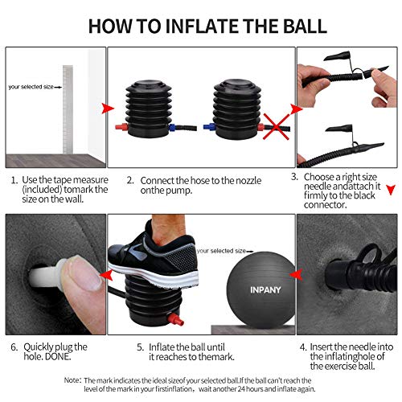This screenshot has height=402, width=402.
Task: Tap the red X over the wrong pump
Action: [277, 126]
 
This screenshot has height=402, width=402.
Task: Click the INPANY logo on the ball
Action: [265, 289]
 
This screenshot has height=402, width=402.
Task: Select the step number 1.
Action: [14, 180]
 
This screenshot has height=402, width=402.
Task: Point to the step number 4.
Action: [303, 347]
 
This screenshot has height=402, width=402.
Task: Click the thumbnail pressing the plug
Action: [84, 273]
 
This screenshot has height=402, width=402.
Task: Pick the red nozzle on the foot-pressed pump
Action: [175, 319]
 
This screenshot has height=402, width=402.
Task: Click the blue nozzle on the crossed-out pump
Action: [209, 126]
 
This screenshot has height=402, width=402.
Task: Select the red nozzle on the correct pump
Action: [121, 126]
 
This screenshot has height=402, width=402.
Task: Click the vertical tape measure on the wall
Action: [68, 109]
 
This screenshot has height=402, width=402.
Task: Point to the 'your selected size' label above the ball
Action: [221, 251]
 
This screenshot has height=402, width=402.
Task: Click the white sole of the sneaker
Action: [154, 275]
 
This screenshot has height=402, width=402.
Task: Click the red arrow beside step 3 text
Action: [391, 190]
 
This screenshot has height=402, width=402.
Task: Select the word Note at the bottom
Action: [72, 380]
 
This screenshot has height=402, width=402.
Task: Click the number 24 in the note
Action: [241, 389]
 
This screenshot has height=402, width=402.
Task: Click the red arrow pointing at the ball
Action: [296, 274]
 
